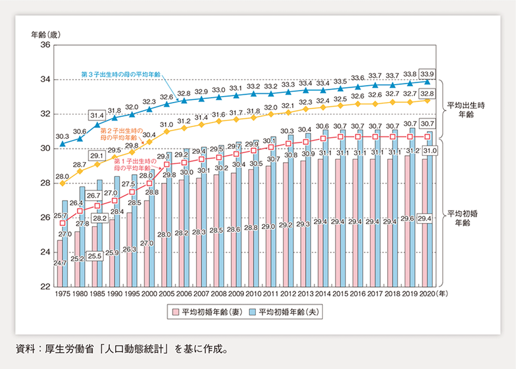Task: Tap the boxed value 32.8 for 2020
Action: coord(427,93)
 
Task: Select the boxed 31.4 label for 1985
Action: coord(97,115)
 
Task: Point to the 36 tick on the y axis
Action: coord(45,45)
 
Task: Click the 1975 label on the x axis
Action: coord(63,294)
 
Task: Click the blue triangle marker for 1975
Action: coord(63,144)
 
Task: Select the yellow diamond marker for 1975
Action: coord(63,183)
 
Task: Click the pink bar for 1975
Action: coord(60,262)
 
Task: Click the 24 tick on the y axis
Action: coord(45,252)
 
